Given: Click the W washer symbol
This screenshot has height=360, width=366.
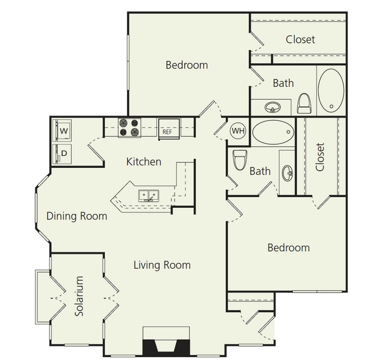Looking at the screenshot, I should (x=63, y=131).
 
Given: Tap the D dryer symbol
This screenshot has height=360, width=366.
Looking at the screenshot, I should (x=63, y=153).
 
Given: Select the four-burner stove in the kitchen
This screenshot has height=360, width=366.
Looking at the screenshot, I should (x=130, y=128).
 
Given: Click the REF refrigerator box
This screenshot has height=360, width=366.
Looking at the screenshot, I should (x=168, y=128).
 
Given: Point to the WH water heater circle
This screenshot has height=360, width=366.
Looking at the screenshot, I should (x=238, y=131).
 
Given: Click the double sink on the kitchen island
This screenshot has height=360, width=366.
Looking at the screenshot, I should (x=149, y=195).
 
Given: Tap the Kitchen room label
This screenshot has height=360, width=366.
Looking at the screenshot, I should (x=144, y=162).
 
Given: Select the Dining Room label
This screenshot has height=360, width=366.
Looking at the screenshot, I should (x=77, y=216).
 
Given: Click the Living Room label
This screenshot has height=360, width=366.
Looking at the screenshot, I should (x=162, y=265).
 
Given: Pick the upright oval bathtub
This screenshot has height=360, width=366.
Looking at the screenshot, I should (x=330, y=91).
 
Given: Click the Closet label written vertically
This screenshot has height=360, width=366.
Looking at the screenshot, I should (x=320, y=157).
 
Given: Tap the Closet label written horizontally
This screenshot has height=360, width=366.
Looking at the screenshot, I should (x=300, y=39).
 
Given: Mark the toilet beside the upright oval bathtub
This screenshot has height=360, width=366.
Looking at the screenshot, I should (x=305, y=103).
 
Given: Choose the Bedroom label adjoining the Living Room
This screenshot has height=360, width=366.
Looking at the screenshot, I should (x=288, y=248).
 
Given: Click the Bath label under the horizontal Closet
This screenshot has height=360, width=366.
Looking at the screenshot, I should (x=283, y=83).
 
